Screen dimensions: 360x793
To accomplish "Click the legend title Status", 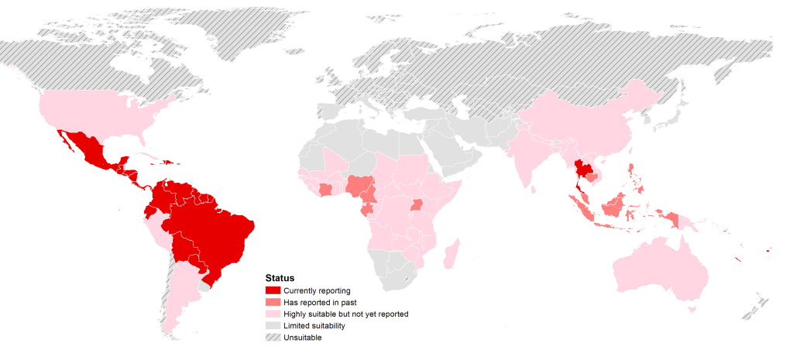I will (279, 277).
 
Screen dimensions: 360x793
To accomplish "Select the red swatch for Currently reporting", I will (273, 290).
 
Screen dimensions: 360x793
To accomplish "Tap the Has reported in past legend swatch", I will (273, 302).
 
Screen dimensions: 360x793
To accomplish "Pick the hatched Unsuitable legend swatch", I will (273, 338).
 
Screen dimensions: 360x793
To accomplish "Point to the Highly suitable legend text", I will (345, 314).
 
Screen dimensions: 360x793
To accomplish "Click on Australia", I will (666, 271).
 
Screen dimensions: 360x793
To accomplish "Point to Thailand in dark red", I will (582, 171).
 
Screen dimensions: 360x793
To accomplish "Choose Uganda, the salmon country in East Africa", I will (418, 205).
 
